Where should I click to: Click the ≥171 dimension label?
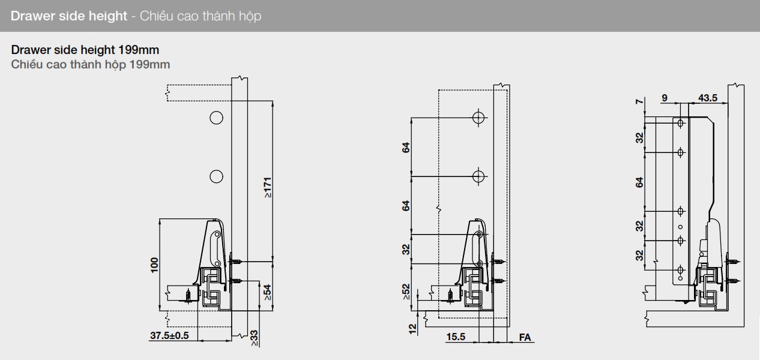[268, 188]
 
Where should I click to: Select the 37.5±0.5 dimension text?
[169, 335]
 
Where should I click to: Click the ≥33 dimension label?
[254, 338]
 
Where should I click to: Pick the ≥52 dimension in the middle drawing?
[406, 291]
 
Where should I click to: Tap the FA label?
[525, 337]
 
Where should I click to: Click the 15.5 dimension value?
[456, 337]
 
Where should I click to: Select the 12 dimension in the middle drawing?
[413, 329]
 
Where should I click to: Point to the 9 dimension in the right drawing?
[665, 98]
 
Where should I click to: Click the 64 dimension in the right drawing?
[640, 182]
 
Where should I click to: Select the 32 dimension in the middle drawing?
[406, 248]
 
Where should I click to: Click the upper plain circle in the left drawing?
[216, 117]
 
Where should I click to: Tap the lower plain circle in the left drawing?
[216, 176]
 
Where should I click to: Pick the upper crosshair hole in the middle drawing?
[478, 118]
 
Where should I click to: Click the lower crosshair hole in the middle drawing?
[478, 176]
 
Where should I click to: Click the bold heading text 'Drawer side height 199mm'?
[85, 50]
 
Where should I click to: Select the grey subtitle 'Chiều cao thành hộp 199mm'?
[90, 64]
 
